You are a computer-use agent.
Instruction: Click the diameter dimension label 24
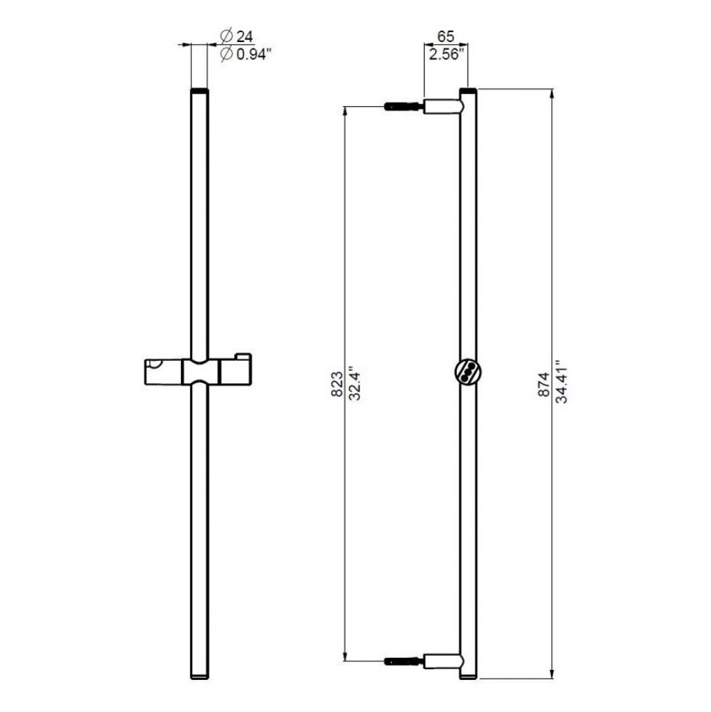tap(246, 35)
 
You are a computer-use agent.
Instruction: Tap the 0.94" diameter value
tap(253, 54)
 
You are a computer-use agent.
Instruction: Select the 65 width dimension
tap(446, 36)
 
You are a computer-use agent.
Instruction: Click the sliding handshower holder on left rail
tap(199, 372)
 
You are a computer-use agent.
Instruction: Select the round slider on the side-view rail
tap(468, 372)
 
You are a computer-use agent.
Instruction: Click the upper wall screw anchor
tap(404, 108)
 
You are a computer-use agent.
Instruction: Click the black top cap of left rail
tap(199, 92)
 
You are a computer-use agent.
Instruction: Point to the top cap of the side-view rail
tap(468, 92)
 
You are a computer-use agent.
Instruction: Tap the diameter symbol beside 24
tap(226, 35)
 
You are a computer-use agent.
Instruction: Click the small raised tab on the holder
tap(243, 356)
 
